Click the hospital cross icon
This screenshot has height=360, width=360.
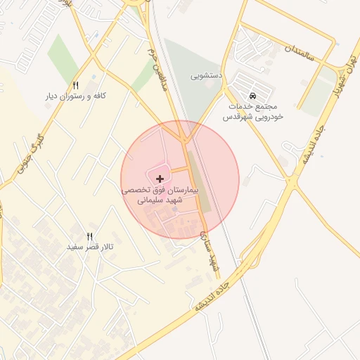(160, 179)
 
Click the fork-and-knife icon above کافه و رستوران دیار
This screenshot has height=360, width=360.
(76, 85)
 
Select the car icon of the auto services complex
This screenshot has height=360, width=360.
(252, 96)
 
